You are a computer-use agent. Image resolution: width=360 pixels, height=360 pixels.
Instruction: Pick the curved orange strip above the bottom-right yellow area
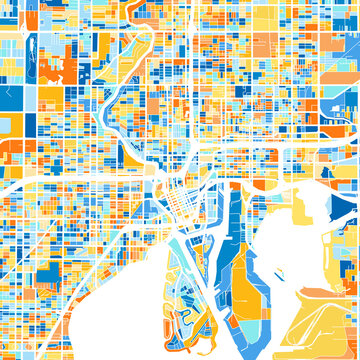(326, 293)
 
